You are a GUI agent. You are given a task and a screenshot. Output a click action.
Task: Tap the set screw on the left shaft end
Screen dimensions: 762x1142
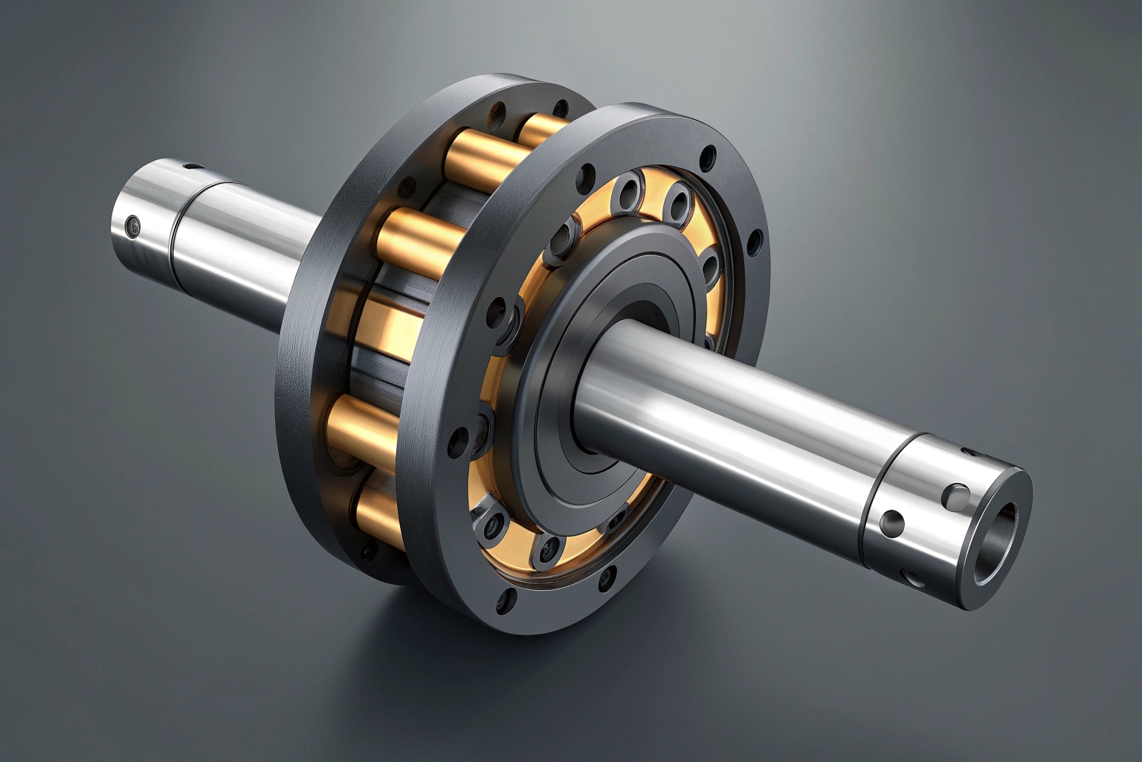(x=133, y=225)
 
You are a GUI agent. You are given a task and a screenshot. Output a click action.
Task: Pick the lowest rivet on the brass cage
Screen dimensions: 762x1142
(x=548, y=551)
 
